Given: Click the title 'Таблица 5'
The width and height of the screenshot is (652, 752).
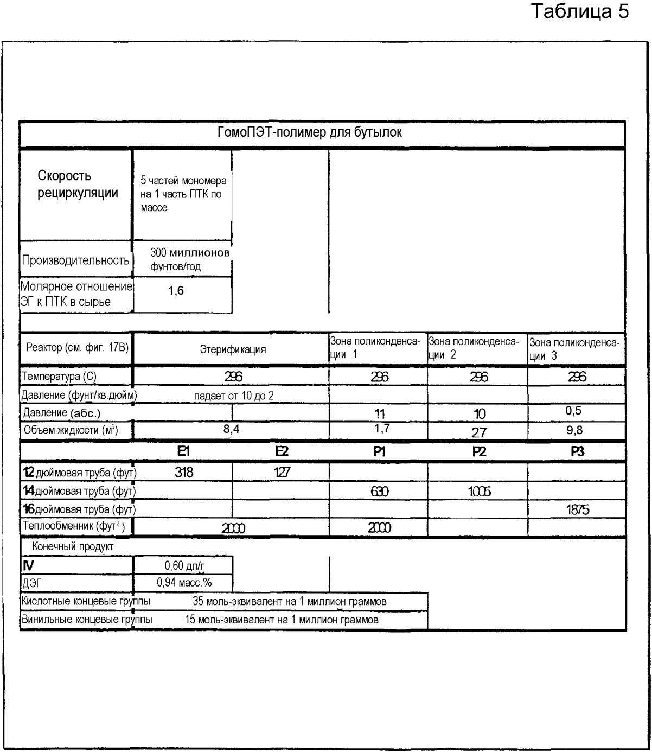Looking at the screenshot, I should (x=579, y=11).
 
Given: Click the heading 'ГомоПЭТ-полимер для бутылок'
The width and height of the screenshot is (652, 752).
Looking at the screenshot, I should (x=310, y=132).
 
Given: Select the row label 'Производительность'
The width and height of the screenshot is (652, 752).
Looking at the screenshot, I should (x=75, y=260).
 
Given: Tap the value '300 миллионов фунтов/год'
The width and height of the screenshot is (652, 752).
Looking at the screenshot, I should (x=183, y=259).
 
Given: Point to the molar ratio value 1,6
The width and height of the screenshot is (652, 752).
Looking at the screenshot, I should (x=176, y=291).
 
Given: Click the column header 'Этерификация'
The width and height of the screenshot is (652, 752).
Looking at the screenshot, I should (x=233, y=349).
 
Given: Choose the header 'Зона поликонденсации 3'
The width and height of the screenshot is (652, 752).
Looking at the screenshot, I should (x=574, y=349).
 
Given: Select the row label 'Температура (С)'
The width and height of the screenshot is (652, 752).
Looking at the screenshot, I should (x=59, y=376).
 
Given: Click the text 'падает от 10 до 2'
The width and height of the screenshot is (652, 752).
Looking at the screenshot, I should (x=234, y=396).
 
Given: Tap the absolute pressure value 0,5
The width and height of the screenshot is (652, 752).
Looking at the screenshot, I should (x=573, y=411).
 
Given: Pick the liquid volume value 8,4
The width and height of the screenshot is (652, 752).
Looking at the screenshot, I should (x=232, y=430).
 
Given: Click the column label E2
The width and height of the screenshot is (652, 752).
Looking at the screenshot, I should (x=282, y=451).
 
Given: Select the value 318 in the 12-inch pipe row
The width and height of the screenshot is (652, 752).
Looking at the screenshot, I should (x=184, y=472).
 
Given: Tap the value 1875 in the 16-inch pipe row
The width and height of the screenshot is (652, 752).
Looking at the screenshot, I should (x=577, y=509).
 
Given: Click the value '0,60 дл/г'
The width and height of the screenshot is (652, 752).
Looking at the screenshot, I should (x=184, y=566).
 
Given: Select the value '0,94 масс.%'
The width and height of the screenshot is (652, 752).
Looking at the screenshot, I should (x=184, y=583).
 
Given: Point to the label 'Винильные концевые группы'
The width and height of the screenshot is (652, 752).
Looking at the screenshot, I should (x=87, y=620).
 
